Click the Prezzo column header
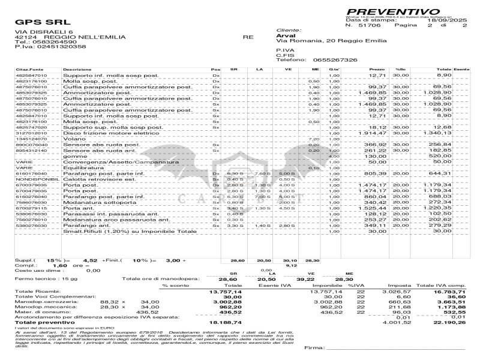tap(377, 70)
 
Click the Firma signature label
tap(315, 348)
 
